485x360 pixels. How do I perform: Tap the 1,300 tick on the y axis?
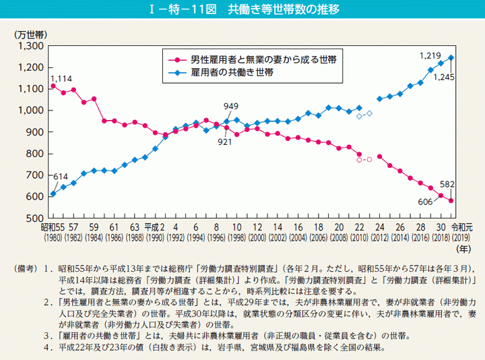pyautogui.click(x=32, y=46)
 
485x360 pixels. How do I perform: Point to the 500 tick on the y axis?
pyautogui.click(x=36, y=218)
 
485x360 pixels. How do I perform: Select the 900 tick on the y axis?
pyautogui.click(x=36, y=132)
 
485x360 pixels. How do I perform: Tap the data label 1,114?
pyautogui.click(x=61, y=79)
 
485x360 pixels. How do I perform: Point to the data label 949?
pyautogui.click(x=231, y=106)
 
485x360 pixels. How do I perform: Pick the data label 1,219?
pyautogui.click(x=429, y=55)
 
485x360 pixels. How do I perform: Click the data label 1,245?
pyautogui.click(x=445, y=78)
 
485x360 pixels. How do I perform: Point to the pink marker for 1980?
pyautogui.click(x=53, y=86)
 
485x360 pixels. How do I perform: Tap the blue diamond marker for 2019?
pyautogui.click(x=451, y=57)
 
